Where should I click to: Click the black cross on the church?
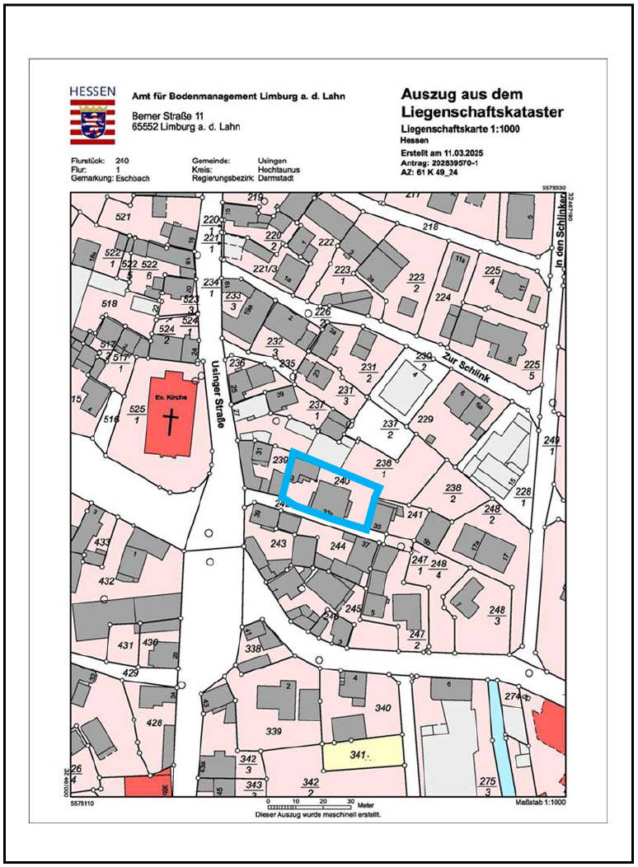point(171,422)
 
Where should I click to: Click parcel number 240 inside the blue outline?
point(342,479)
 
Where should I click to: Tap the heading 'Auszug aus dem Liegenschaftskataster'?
point(482,103)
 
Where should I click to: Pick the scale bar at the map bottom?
point(309,806)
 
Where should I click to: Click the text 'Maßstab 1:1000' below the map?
point(539,801)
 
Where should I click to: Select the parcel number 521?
point(124,217)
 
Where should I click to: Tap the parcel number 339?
point(274,731)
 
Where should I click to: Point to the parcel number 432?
point(107,581)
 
